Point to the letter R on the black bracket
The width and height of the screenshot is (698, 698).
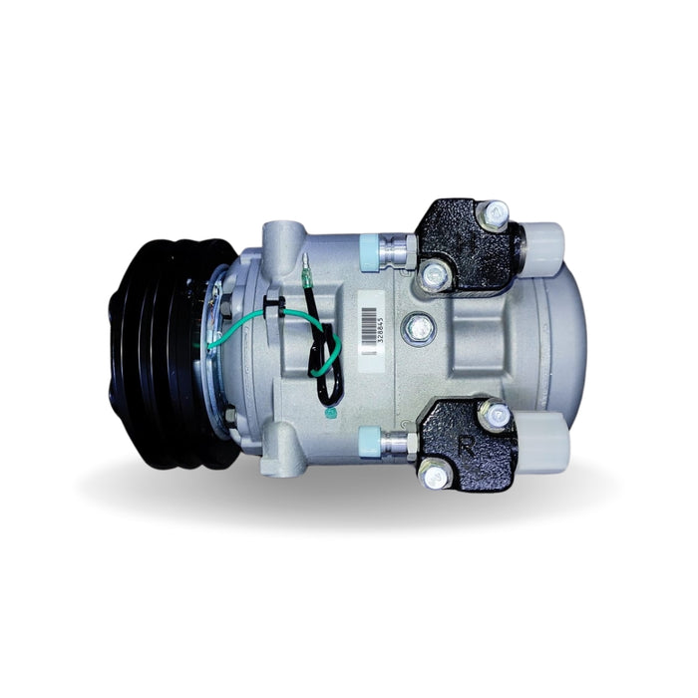pyautogui.click(x=465, y=445)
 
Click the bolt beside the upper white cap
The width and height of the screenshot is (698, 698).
pyautogui.click(x=493, y=212)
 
